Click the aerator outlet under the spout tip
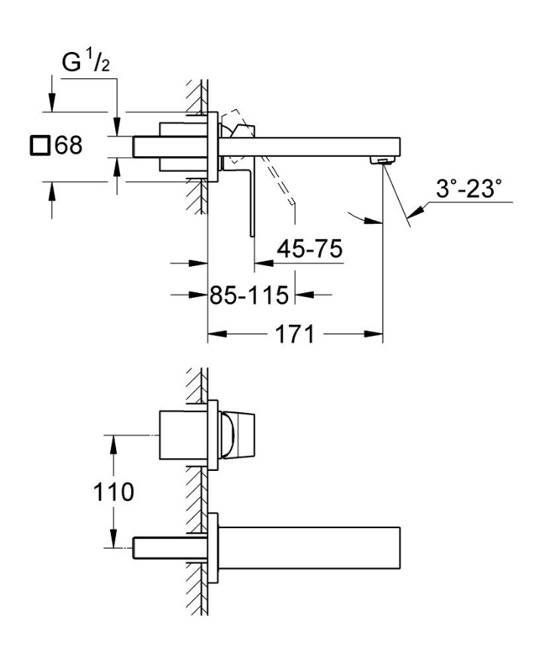coord(383,160)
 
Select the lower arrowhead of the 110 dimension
coord(113,539)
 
